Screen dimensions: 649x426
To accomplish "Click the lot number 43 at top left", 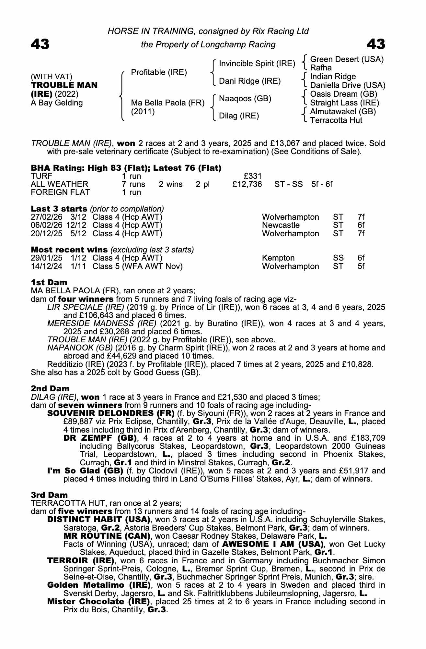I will (x=40, y=44).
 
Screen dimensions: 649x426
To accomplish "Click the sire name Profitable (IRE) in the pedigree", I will (x=159, y=72).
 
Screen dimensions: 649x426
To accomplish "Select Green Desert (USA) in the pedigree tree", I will (x=347, y=59).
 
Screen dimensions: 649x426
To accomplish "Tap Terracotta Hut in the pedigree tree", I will (x=336, y=120).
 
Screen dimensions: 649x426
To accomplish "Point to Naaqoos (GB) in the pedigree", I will (x=245, y=99).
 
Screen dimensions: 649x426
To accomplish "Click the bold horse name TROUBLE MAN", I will (x=64, y=85).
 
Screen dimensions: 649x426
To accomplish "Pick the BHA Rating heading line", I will (x=126, y=168).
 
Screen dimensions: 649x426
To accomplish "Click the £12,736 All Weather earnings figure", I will (x=247, y=184).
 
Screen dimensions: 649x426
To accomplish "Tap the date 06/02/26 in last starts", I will (x=46, y=225).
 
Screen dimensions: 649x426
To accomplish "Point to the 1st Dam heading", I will (x=49, y=282).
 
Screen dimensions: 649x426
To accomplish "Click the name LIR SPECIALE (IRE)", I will (x=86, y=307).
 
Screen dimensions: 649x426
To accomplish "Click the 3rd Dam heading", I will (x=49, y=495).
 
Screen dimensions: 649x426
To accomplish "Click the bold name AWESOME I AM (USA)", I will (x=273, y=544).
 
